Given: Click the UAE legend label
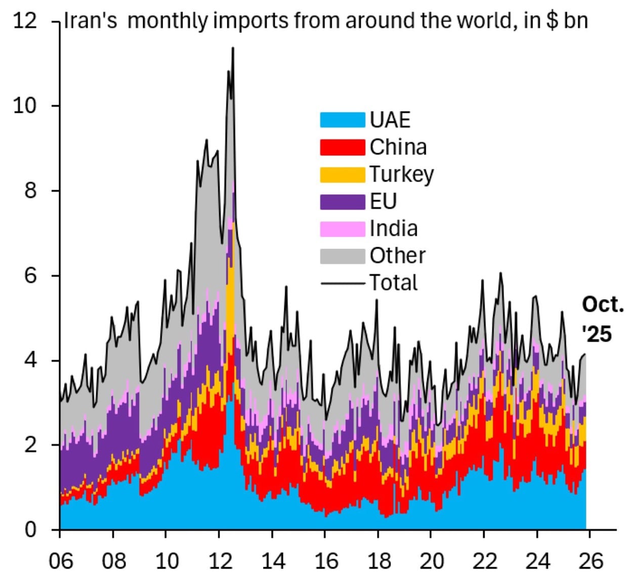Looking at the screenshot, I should tap(390, 120).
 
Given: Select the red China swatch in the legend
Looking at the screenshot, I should tap(342, 147).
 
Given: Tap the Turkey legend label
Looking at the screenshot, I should tap(401, 175).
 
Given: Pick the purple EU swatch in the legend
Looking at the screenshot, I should tap(342, 201).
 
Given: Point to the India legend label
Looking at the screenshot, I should tap(394, 228).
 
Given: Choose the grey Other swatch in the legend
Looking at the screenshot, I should tap(342, 256).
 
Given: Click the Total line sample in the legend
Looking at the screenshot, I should tap(342, 283).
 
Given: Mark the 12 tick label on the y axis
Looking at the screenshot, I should tap(25, 21).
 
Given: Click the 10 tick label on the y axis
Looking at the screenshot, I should tap(25, 106).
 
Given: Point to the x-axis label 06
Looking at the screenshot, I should tap(60, 561).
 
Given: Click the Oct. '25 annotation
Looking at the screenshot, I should tap(602, 319).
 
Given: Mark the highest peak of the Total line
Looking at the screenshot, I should tap(233, 48).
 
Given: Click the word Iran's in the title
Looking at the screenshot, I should tap(91, 21).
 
